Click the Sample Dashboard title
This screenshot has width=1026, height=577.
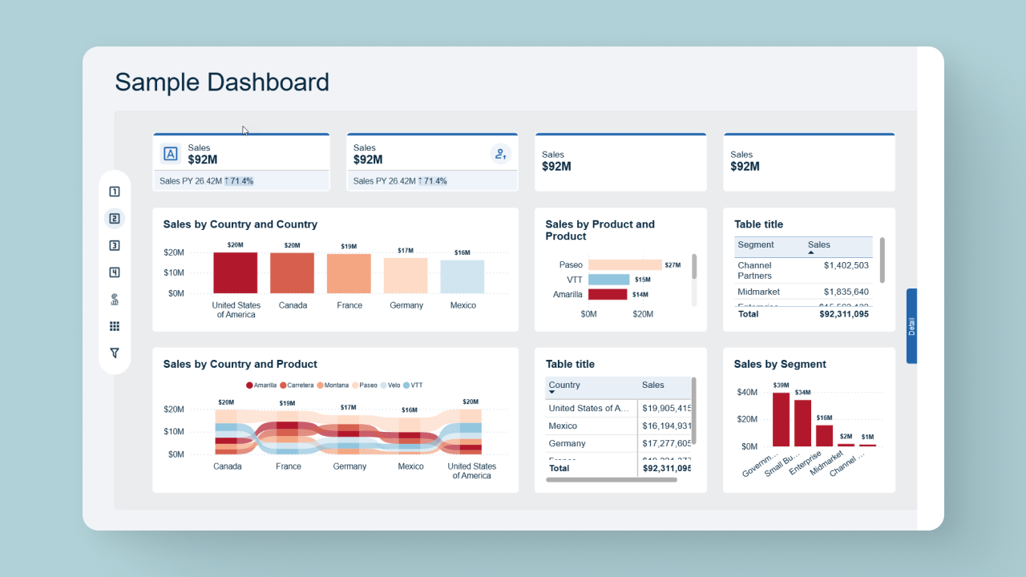coord(222,83)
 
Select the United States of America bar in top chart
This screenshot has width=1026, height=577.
coord(236,273)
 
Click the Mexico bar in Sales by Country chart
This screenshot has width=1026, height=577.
coord(463,276)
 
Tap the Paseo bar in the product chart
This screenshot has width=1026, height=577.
coord(624,264)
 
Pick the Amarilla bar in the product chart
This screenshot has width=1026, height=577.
coord(608,294)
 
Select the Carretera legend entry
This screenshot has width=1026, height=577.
coord(297,385)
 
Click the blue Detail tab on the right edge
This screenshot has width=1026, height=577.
coord(911,326)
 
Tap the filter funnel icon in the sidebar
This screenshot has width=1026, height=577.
coord(115,353)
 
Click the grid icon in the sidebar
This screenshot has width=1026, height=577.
coord(115,326)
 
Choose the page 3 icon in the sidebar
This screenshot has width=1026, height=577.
coord(115,245)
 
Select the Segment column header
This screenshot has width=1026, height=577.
coord(756,245)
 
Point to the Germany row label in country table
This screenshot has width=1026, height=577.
coord(567,443)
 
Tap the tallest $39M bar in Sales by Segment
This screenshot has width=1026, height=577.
coord(781,419)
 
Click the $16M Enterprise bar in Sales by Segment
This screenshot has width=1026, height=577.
coord(824,435)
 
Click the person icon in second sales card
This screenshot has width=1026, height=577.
coord(501,154)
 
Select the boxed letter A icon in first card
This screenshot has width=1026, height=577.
coord(171,154)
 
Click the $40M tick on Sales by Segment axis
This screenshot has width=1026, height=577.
coord(747,392)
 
